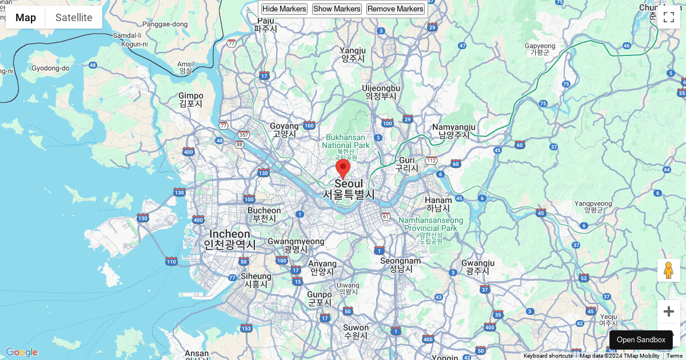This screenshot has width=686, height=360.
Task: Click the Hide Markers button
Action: coord(284,9)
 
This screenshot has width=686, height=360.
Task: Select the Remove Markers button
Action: coord(396,9)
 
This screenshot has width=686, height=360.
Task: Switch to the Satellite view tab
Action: coord(74,17)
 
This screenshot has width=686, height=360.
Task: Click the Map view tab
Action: coord(26,17)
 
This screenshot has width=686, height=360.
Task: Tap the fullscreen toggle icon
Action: coord(669,17)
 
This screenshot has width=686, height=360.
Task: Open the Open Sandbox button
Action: coord(641,339)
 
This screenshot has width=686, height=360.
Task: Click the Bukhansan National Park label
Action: coord(346,141)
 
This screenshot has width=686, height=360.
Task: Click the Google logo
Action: coord(22,352)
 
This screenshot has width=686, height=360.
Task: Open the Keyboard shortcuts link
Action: coord(548,355)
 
